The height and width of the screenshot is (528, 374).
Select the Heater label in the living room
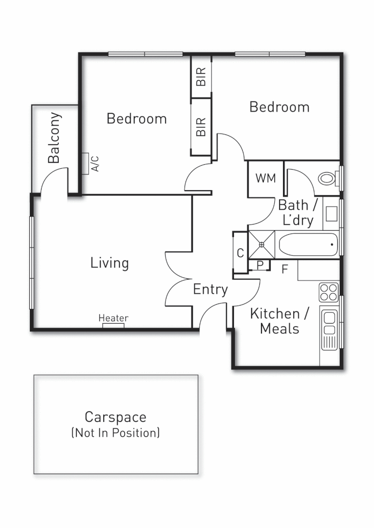[x=114, y=318]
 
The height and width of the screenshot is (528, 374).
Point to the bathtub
[x=308, y=245]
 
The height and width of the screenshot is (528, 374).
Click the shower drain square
[x=262, y=244]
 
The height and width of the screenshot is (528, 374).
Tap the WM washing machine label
[x=265, y=178]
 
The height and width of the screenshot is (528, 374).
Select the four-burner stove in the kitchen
[x=328, y=292]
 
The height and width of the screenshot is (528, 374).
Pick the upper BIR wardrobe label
[x=201, y=76]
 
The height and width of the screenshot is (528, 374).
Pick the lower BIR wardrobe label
[x=201, y=126]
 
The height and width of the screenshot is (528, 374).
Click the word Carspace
[x=116, y=417]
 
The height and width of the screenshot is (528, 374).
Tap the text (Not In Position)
[x=116, y=433]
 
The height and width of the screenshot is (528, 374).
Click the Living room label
[x=110, y=263]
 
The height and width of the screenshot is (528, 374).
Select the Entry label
[x=210, y=289]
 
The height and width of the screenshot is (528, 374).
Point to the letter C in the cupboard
[x=240, y=253]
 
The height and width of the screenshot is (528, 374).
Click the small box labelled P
[x=260, y=265]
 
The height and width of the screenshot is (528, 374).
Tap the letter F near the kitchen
[x=284, y=269]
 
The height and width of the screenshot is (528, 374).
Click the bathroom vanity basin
[x=331, y=214]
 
